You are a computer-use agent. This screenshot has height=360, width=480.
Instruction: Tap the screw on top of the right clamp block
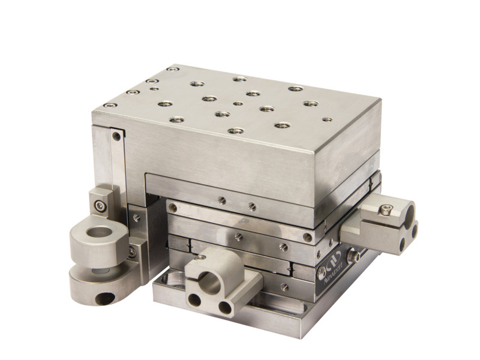(x=385, y=209)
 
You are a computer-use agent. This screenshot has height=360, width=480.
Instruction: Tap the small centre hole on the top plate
(x=238, y=103)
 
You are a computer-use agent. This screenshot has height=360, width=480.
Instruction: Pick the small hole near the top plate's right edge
(x=327, y=119)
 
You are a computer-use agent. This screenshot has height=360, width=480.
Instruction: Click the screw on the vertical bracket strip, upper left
(x=116, y=136)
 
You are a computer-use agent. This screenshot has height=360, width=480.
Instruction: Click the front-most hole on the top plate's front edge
(x=236, y=130)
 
